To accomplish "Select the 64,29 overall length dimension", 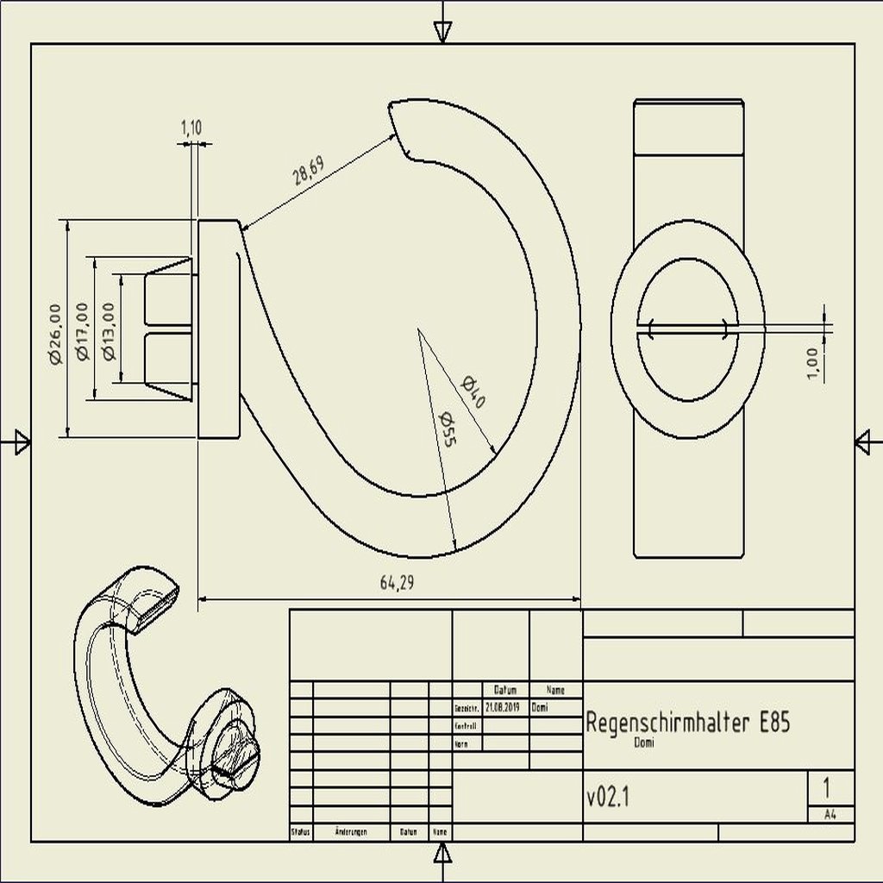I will (x=398, y=583).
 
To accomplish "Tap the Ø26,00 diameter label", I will (x=55, y=333).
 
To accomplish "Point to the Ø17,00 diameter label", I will (x=82, y=330).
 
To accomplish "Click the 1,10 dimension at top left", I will (x=191, y=128).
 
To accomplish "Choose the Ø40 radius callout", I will (x=473, y=392).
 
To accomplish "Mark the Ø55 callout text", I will (x=447, y=429).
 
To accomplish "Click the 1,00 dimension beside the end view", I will (x=811, y=362).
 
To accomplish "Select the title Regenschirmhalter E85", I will (x=687, y=723).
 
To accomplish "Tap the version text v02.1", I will (x=608, y=798).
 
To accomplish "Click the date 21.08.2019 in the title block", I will (x=503, y=707).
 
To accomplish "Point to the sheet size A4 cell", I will (x=830, y=814).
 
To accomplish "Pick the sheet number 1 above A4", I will (x=827, y=788).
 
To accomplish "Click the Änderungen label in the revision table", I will (x=351, y=832).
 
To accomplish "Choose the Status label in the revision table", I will (x=300, y=832).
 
